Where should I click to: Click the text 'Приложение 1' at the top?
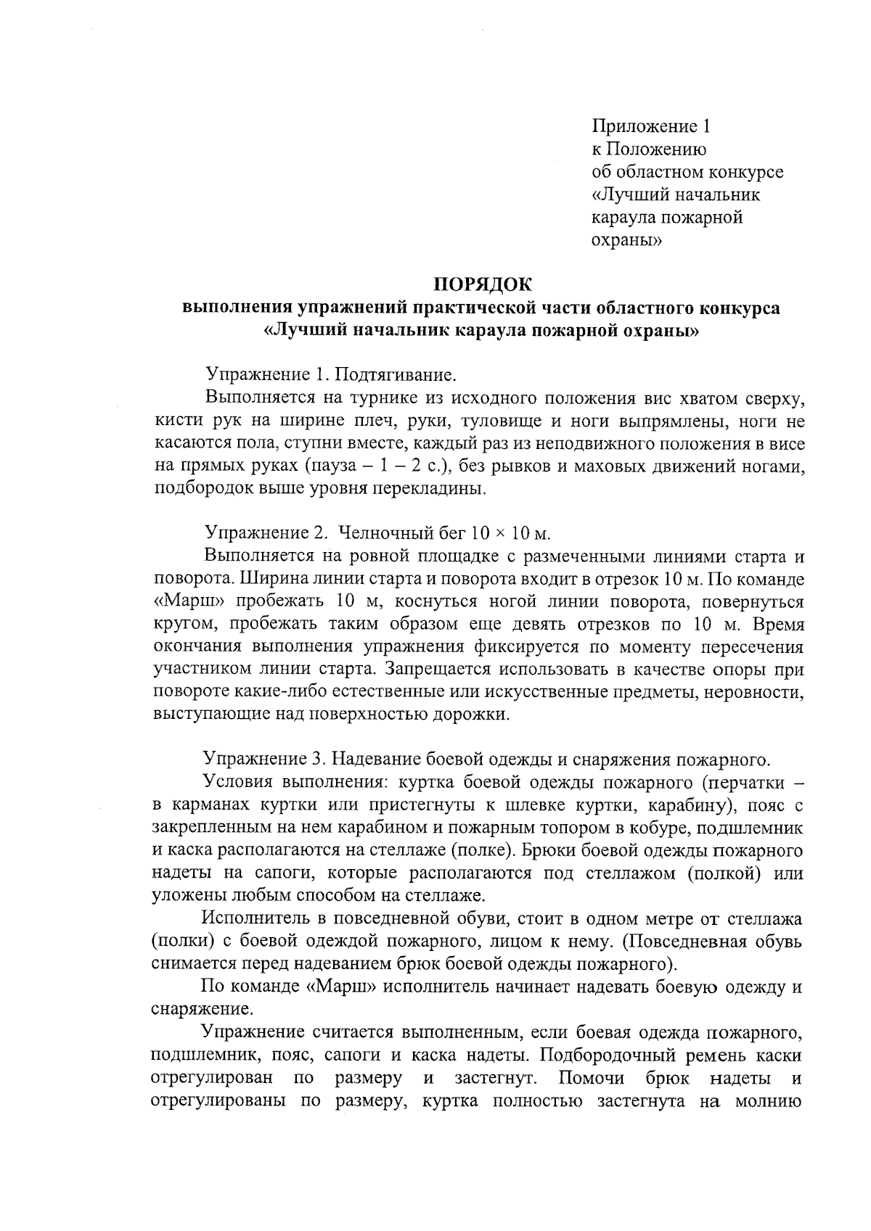tap(651, 127)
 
